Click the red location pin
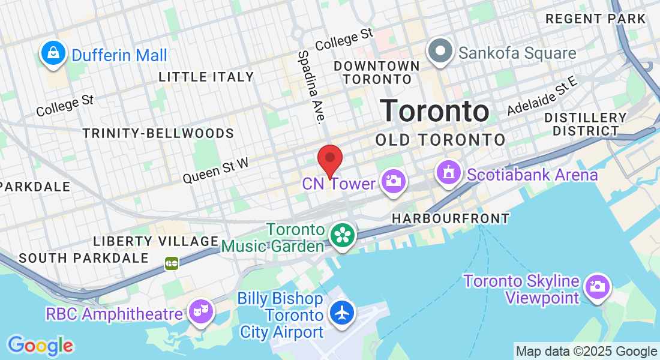click(329, 159)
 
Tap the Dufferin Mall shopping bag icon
click(54, 54)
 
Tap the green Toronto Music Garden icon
click(342, 235)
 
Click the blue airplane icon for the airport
click(342, 313)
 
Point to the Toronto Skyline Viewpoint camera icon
click(596, 286)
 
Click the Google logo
click(40, 345)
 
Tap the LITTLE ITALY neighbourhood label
click(206, 77)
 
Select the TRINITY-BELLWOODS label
click(158, 133)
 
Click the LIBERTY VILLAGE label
click(156, 241)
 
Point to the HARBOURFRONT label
click(450, 219)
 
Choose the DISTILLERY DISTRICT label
click(586, 124)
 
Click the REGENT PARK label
click(595, 19)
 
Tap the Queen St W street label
click(215, 169)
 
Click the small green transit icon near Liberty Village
click(172, 263)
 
